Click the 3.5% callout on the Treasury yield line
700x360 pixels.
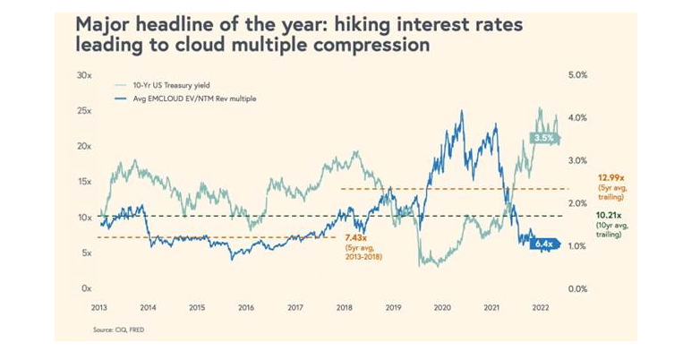(543, 138)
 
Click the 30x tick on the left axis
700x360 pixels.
(85, 75)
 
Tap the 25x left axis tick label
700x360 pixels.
(85, 111)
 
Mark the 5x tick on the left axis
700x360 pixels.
(87, 253)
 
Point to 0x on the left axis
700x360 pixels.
(87, 289)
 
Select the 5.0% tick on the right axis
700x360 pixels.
(577, 75)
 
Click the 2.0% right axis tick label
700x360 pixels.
(577, 204)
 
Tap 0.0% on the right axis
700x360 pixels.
(577, 289)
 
